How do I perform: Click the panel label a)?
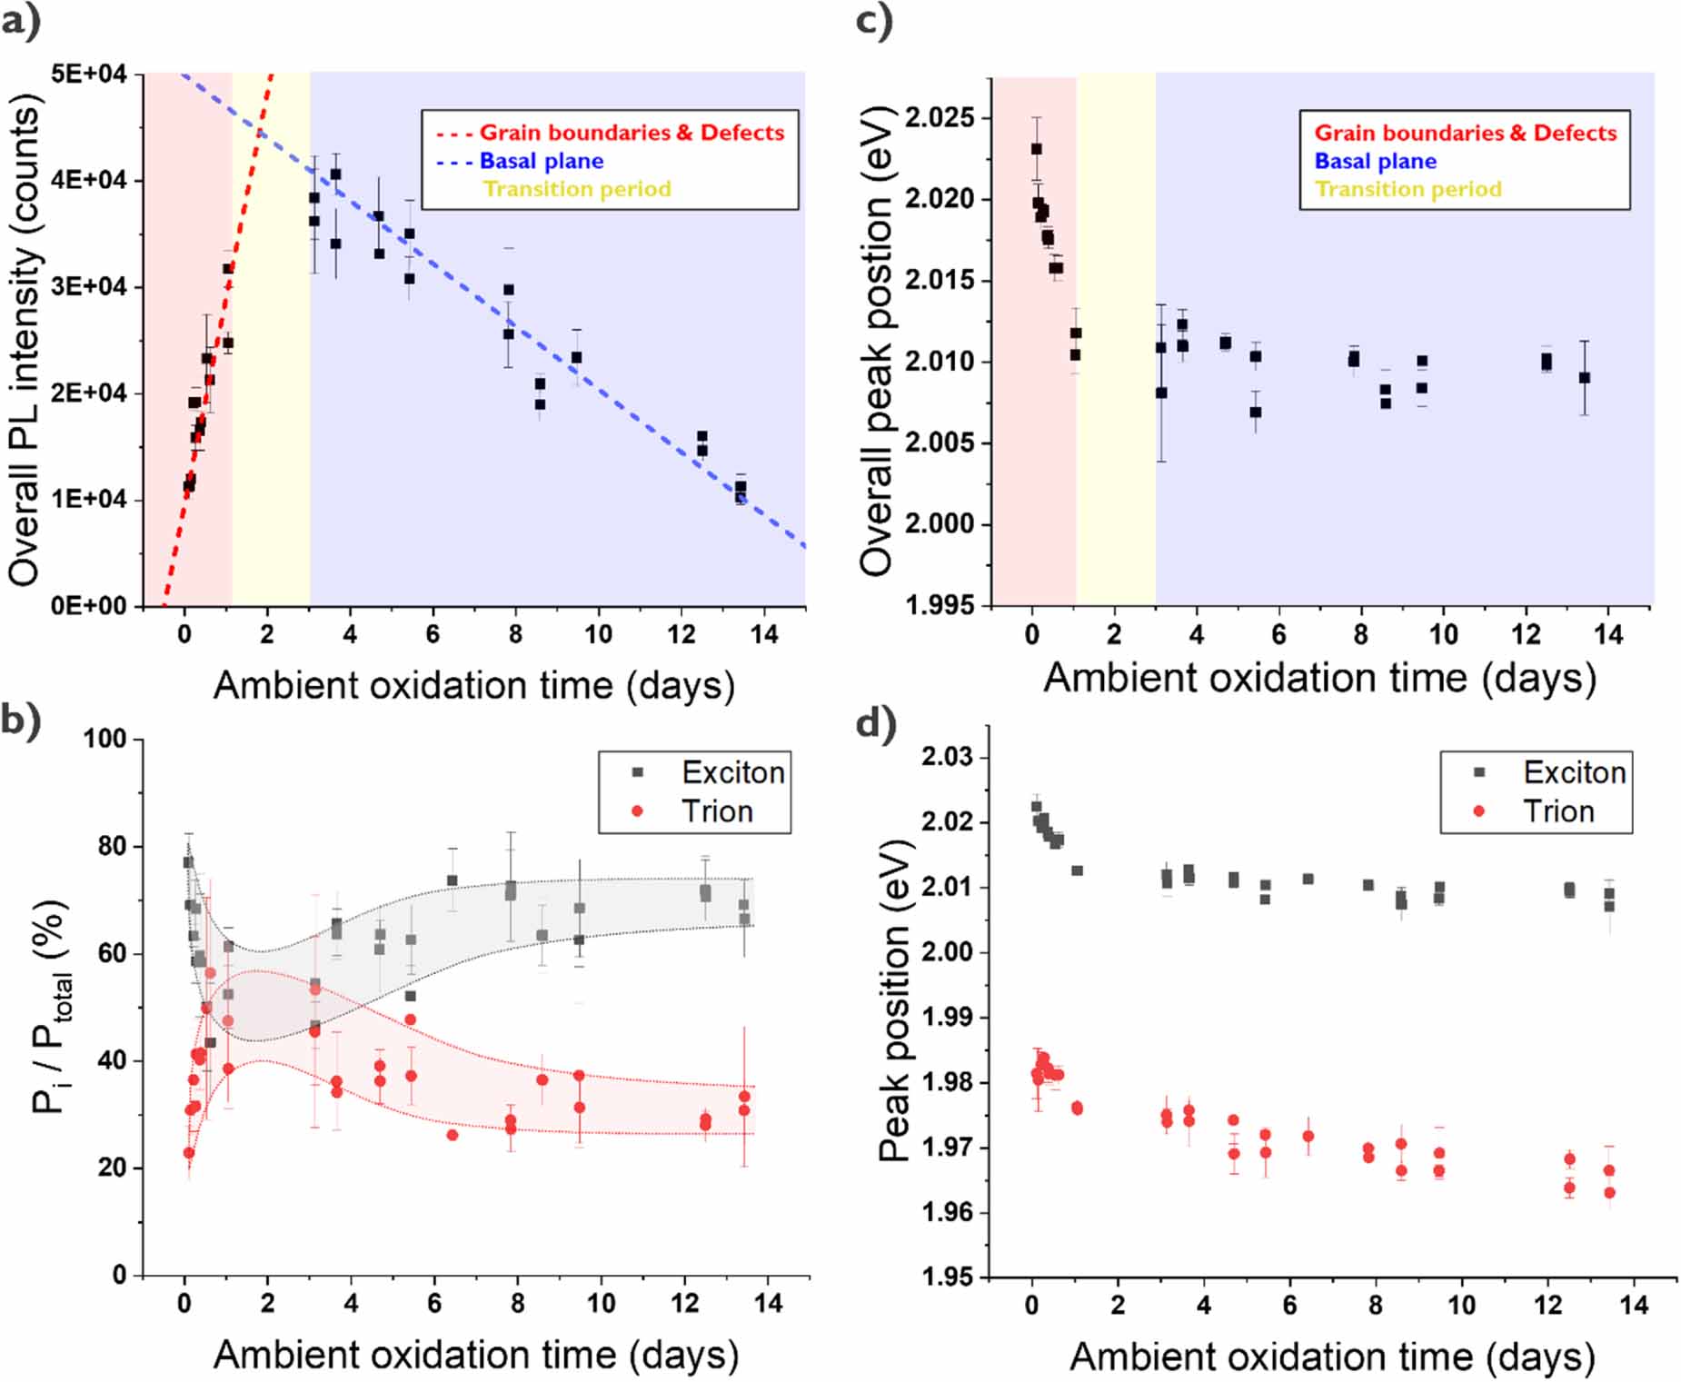(x=21, y=20)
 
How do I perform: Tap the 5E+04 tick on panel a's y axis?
(x=88, y=74)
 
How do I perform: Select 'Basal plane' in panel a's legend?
(x=541, y=161)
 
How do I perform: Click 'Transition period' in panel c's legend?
(x=1408, y=189)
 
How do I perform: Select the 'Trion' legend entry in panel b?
(x=717, y=810)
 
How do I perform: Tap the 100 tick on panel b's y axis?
(x=104, y=739)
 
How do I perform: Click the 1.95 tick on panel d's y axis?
(x=947, y=1277)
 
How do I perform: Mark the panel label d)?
(x=876, y=724)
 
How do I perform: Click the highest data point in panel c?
(x=1036, y=149)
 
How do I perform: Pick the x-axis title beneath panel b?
(x=476, y=1355)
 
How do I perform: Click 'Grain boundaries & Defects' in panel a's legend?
(x=632, y=133)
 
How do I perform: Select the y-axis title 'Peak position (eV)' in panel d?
(x=895, y=999)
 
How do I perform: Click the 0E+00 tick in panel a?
(x=88, y=606)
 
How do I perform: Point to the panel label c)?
(x=874, y=20)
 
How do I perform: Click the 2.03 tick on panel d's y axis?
(x=947, y=756)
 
